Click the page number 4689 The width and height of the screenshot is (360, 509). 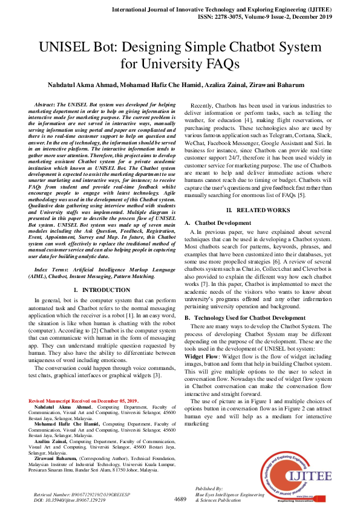point(180,499)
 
